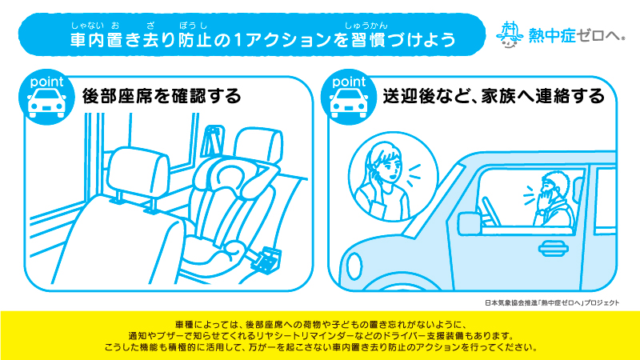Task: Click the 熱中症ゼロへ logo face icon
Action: (510, 34)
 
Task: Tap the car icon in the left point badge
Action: (46, 103)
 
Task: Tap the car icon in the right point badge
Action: (349, 103)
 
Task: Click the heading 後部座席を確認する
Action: (162, 96)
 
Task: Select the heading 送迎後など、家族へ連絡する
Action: (494, 96)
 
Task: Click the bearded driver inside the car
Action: (554, 199)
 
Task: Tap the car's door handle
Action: (553, 248)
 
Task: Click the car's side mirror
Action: (469, 223)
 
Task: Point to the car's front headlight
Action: (354, 266)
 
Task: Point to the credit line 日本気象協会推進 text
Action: (511, 303)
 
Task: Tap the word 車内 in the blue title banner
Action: (87, 39)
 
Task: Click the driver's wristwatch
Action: (540, 212)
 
